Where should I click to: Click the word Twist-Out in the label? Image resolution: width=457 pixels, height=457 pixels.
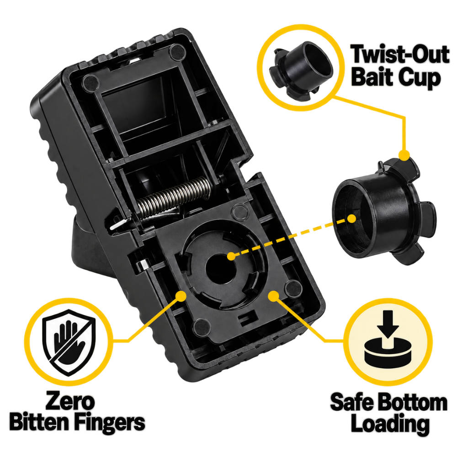[400, 54]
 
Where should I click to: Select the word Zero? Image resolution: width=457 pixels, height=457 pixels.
[70, 401]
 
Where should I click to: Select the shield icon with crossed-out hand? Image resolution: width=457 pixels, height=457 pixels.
[69, 342]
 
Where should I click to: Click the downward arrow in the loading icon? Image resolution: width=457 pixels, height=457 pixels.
[388, 324]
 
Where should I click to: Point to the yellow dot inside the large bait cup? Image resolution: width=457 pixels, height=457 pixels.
[352, 218]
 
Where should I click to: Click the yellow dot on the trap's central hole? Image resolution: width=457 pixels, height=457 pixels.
[231, 256]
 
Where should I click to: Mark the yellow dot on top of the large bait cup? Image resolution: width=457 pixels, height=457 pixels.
[404, 155]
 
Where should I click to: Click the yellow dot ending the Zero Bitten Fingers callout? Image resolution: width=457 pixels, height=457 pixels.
[181, 296]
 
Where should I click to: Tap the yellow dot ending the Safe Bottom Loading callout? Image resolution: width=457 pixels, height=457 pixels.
[273, 296]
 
